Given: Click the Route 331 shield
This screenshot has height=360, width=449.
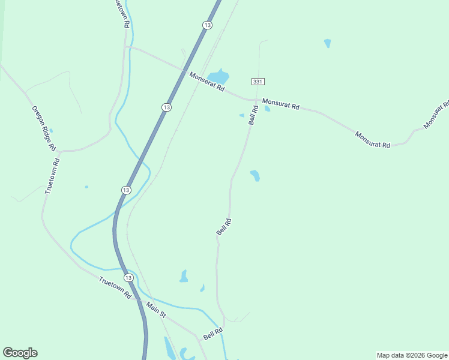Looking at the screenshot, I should click(258, 82).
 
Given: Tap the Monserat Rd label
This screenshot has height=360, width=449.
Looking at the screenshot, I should click(206, 81).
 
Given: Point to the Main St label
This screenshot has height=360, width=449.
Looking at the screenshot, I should click(155, 310).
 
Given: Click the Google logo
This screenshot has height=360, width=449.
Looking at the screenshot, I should click(20, 353).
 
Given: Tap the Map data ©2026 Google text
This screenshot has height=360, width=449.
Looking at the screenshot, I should click(412, 355).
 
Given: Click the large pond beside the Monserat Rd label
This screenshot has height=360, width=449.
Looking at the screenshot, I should click(219, 76).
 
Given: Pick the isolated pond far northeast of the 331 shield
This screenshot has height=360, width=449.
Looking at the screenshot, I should click(327, 43).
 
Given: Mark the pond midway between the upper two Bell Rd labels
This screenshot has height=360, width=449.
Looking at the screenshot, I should click(255, 175).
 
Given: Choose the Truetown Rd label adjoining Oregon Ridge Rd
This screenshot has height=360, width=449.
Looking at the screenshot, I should click(53, 176).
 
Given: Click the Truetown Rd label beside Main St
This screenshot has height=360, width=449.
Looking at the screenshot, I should click(115, 288).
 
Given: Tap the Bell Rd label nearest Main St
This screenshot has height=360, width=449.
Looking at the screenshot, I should click(213, 334).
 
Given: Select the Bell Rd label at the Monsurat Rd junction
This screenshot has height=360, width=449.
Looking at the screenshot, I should click(253, 115).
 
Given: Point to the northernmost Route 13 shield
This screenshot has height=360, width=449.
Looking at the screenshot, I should click(207, 25).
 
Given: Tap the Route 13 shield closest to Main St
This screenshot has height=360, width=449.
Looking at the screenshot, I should click(128, 278).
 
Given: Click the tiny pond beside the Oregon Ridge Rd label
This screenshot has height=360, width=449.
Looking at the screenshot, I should click(51, 131).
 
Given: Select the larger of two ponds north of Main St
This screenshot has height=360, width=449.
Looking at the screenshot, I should click(184, 277).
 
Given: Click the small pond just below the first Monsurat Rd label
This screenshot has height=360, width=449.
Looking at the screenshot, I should click(267, 109).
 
